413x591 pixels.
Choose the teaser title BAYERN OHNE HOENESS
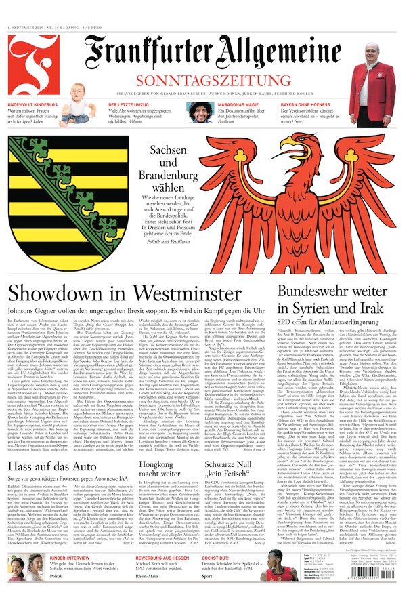(308, 106)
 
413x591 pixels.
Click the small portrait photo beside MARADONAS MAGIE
(199, 113)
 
